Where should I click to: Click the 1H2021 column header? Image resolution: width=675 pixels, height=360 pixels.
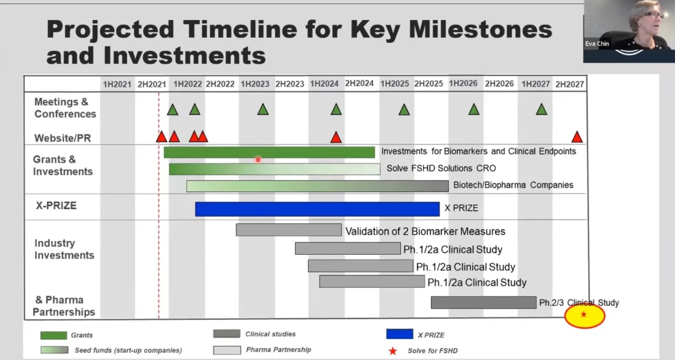(117, 84)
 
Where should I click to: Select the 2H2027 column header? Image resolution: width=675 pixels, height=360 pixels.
(569, 84)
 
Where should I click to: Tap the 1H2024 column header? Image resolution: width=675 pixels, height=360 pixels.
(324, 83)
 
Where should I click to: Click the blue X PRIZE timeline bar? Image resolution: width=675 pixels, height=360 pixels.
(317, 209)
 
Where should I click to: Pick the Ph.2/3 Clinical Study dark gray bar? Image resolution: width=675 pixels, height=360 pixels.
(484, 303)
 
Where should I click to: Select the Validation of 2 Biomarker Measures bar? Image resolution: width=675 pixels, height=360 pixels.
(289, 230)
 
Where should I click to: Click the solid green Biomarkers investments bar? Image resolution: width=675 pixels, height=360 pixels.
(269, 152)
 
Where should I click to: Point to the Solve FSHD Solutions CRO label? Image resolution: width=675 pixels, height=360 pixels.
(441, 168)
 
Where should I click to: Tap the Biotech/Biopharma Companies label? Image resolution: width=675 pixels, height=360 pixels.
(513, 185)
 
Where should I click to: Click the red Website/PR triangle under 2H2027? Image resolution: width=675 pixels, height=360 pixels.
(577, 137)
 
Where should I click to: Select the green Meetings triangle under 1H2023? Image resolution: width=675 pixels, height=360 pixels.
(263, 110)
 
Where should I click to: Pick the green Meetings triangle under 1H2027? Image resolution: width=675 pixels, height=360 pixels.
(541, 110)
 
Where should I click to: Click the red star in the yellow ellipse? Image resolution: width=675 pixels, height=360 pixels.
(584, 314)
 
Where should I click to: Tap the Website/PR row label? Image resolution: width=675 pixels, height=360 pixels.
(63, 138)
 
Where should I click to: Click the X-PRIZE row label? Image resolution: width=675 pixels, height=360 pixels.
(56, 206)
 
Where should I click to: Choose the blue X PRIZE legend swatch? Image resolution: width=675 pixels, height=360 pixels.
(399, 334)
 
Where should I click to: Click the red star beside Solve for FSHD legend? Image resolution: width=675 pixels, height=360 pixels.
(393, 351)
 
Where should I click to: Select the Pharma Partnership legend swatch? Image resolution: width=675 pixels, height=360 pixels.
(227, 350)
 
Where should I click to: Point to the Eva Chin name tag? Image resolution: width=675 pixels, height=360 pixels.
(597, 44)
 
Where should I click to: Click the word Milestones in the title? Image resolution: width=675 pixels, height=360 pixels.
(481, 30)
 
